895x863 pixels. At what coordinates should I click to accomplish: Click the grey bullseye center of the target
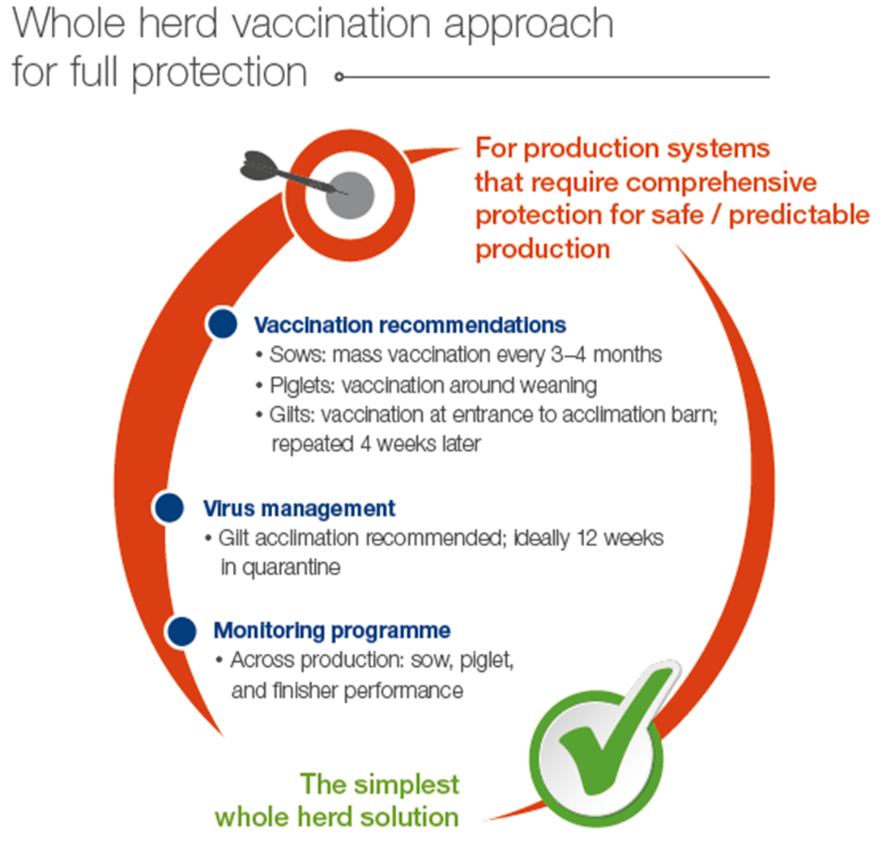point(350,195)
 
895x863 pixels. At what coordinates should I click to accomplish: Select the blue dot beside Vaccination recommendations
point(223,323)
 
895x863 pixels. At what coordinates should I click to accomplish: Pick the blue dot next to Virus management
point(169,507)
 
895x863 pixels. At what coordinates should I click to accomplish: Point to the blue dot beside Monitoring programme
point(181,631)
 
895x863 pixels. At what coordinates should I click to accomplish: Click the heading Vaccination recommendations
point(410,325)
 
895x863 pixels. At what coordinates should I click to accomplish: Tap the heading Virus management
point(299,508)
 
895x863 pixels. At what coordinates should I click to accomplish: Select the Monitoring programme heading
point(332,631)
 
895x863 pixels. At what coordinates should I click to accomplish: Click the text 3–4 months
point(606,355)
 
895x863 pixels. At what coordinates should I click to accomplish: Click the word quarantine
point(291,568)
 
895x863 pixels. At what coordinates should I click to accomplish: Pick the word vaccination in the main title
point(331,24)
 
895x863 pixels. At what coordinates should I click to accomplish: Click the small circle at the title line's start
point(339,76)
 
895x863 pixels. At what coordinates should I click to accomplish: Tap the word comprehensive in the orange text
point(722,183)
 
